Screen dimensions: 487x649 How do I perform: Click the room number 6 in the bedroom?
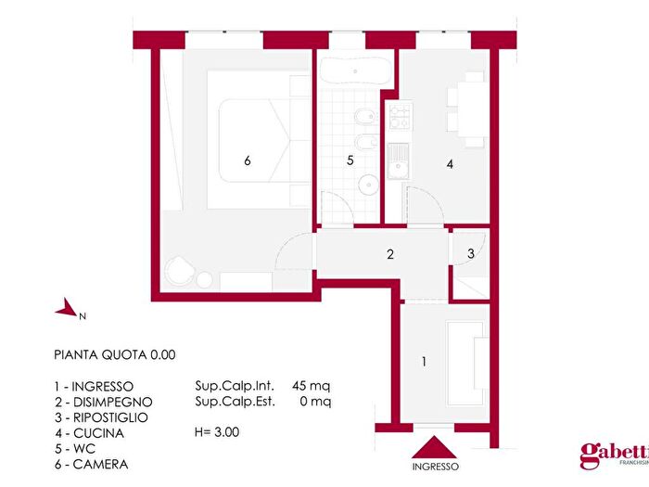click(x=248, y=160)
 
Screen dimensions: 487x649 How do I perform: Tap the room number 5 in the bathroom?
click(x=350, y=160)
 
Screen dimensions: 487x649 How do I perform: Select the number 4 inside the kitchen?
click(x=450, y=164)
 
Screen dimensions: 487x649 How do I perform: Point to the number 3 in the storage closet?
click(x=471, y=253)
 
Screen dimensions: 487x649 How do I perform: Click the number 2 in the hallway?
click(x=390, y=253)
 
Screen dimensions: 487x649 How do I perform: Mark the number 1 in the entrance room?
click(x=425, y=362)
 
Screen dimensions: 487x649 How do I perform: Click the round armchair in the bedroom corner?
click(x=179, y=274)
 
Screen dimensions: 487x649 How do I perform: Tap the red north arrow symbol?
click(x=66, y=310)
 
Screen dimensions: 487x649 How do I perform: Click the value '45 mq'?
click(x=311, y=385)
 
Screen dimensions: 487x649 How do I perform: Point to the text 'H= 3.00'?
click(x=217, y=432)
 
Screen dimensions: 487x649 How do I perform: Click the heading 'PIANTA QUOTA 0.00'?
click(x=114, y=354)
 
